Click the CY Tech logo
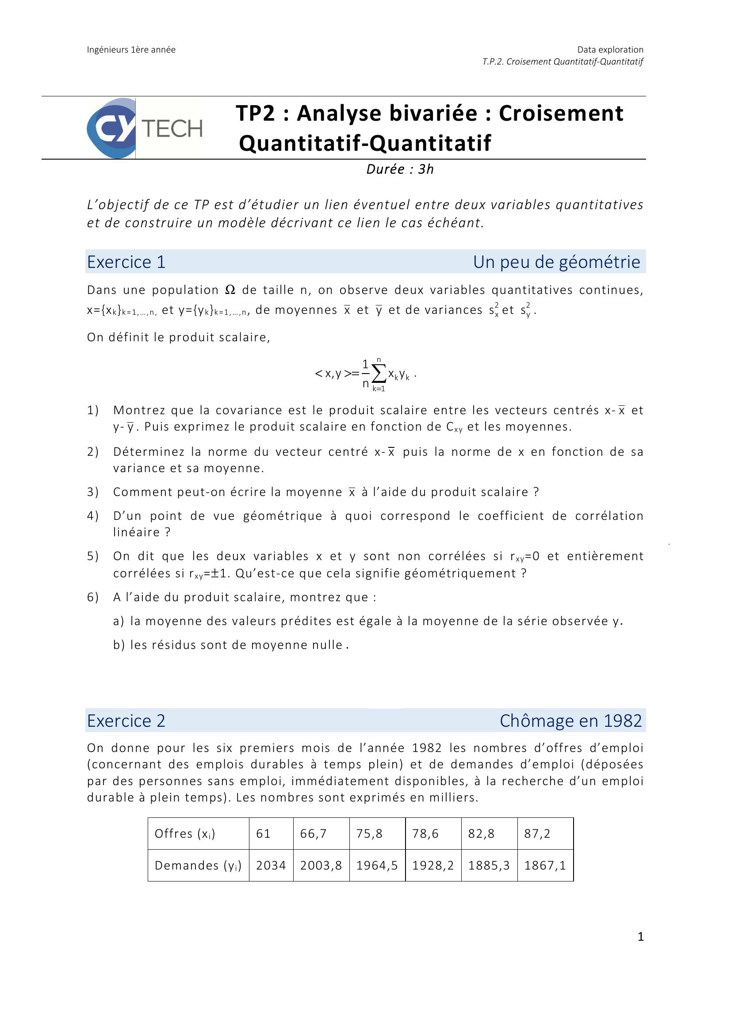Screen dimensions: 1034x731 tap(144, 128)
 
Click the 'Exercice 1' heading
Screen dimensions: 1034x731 tap(126, 262)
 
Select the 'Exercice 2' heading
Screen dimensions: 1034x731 tap(126, 721)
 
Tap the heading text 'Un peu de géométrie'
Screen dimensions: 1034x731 tap(556, 262)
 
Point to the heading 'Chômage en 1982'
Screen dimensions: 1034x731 tap(570, 721)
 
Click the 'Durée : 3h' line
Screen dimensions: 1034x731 tap(399, 169)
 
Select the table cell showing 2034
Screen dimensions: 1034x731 tap(271, 865)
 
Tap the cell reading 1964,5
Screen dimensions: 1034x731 tap(377, 865)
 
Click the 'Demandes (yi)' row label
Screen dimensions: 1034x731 tap(198, 865)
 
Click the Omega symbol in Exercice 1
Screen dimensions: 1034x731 tap(230, 290)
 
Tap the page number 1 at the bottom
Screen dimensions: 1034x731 tap(640, 937)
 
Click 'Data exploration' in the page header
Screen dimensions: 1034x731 tap(610, 50)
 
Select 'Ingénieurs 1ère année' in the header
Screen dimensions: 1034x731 tap(131, 50)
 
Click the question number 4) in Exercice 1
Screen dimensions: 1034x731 tap(92, 515)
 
